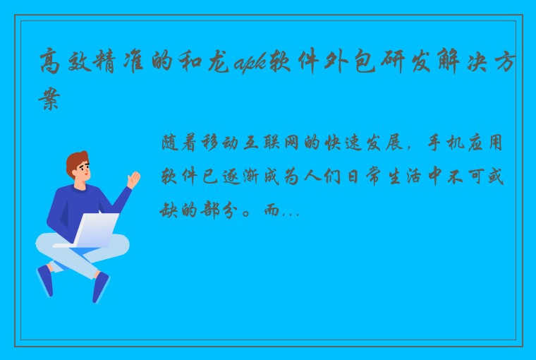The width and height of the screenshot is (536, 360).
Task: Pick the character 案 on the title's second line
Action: (49, 100)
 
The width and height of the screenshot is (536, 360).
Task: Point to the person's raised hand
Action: (133, 179)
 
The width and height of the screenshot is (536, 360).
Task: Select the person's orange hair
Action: (76, 160)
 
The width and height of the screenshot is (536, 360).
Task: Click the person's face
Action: (82, 172)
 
